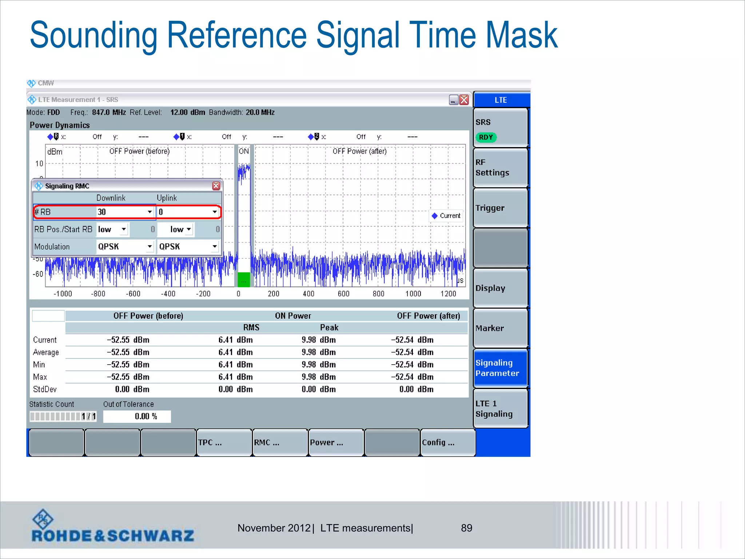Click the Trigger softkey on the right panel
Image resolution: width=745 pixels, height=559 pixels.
point(501,208)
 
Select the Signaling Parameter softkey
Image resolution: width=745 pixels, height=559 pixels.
point(501,368)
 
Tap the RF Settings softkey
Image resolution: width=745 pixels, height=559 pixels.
point(501,167)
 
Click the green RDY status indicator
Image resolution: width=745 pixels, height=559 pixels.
point(486,137)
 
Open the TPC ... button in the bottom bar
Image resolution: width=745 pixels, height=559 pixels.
point(224,442)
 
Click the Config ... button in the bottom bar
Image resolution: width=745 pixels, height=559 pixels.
point(447,442)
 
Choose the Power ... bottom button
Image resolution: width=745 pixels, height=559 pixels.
point(335,442)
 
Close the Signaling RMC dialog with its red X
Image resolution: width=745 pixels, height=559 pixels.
point(216,186)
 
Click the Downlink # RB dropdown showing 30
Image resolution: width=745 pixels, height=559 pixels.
point(125,212)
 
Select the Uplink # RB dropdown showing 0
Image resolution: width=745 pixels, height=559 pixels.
point(188,212)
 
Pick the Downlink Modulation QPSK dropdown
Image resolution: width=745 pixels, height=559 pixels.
point(125,246)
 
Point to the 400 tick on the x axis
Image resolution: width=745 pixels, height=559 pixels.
point(308,294)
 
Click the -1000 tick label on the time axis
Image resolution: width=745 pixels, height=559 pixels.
point(63,294)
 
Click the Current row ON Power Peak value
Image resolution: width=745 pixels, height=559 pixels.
point(318,340)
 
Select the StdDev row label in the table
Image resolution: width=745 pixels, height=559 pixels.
point(45,389)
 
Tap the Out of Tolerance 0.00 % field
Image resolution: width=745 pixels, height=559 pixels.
point(137,416)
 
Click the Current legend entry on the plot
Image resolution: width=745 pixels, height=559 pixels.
point(446,215)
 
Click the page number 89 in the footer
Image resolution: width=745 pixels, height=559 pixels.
point(466,528)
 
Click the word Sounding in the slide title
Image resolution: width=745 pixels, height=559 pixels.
point(93,35)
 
